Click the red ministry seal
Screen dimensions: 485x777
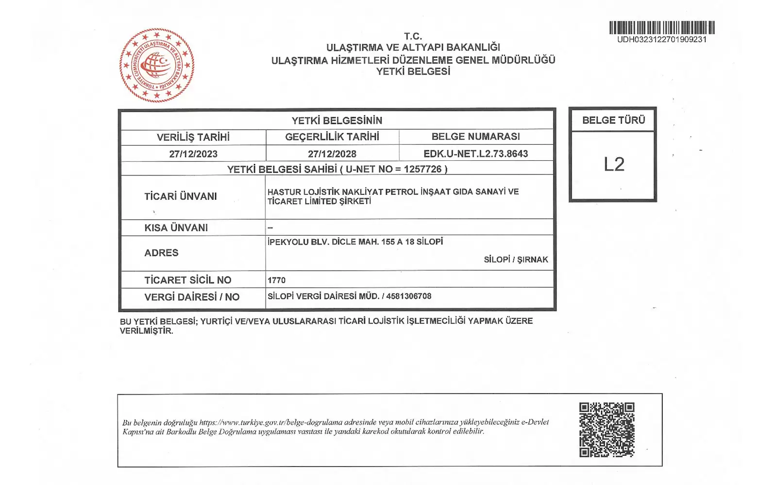(156, 65)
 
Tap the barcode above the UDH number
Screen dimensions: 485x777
(662, 27)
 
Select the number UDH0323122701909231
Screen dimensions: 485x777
(662, 39)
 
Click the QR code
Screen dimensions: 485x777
(607, 430)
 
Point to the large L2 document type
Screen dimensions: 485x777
(614, 165)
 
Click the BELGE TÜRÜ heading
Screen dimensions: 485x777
(613, 120)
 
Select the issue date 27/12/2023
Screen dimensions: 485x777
(193, 154)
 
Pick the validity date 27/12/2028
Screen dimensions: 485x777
(332, 154)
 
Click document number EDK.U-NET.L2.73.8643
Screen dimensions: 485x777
(475, 154)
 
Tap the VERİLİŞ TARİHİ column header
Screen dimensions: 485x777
(193, 137)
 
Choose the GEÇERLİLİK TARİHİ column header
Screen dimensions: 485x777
(332, 137)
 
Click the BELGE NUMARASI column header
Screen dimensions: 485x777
(475, 137)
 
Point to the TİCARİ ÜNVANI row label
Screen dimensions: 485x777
(181, 196)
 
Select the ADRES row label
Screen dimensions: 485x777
(161, 253)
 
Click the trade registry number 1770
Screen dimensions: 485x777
(276, 280)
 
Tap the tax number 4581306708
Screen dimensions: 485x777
(408, 296)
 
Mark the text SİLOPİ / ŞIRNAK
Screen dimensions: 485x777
(516, 260)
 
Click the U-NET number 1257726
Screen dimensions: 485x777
(422, 169)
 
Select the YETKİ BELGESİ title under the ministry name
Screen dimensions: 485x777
(413, 71)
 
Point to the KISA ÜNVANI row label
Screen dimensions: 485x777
(176, 227)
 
